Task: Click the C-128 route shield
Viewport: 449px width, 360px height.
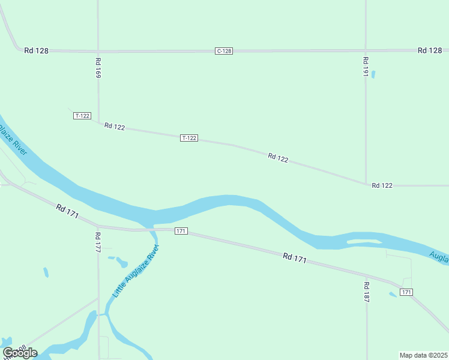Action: coord(223,51)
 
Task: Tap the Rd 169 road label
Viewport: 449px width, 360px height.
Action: coord(98,68)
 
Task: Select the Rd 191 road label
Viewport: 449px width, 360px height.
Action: coord(365,67)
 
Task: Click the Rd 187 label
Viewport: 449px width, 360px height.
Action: coord(366,291)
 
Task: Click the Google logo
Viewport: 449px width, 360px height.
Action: coord(19,353)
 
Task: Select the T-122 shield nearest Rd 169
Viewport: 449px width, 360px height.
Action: coord(82,115)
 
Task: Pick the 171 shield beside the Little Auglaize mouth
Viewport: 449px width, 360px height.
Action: coord(181,231)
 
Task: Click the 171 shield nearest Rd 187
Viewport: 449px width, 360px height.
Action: coord(406,292)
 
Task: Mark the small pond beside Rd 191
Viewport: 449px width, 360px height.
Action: coord(373,74)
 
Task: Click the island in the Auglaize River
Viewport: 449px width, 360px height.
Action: coord(364,242)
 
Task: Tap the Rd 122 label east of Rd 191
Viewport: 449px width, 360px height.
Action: coord(382,185)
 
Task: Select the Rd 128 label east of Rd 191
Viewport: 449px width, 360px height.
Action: coord(429,50)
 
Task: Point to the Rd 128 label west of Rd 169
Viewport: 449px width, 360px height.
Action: coord(36,51)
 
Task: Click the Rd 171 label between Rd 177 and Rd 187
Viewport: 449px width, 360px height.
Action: coord(295,259)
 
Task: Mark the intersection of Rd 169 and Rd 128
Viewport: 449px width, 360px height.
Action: coord(98,51)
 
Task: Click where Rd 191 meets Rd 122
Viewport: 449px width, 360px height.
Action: coord(366,184)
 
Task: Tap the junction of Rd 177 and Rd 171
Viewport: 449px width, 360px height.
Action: coord(98,227)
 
